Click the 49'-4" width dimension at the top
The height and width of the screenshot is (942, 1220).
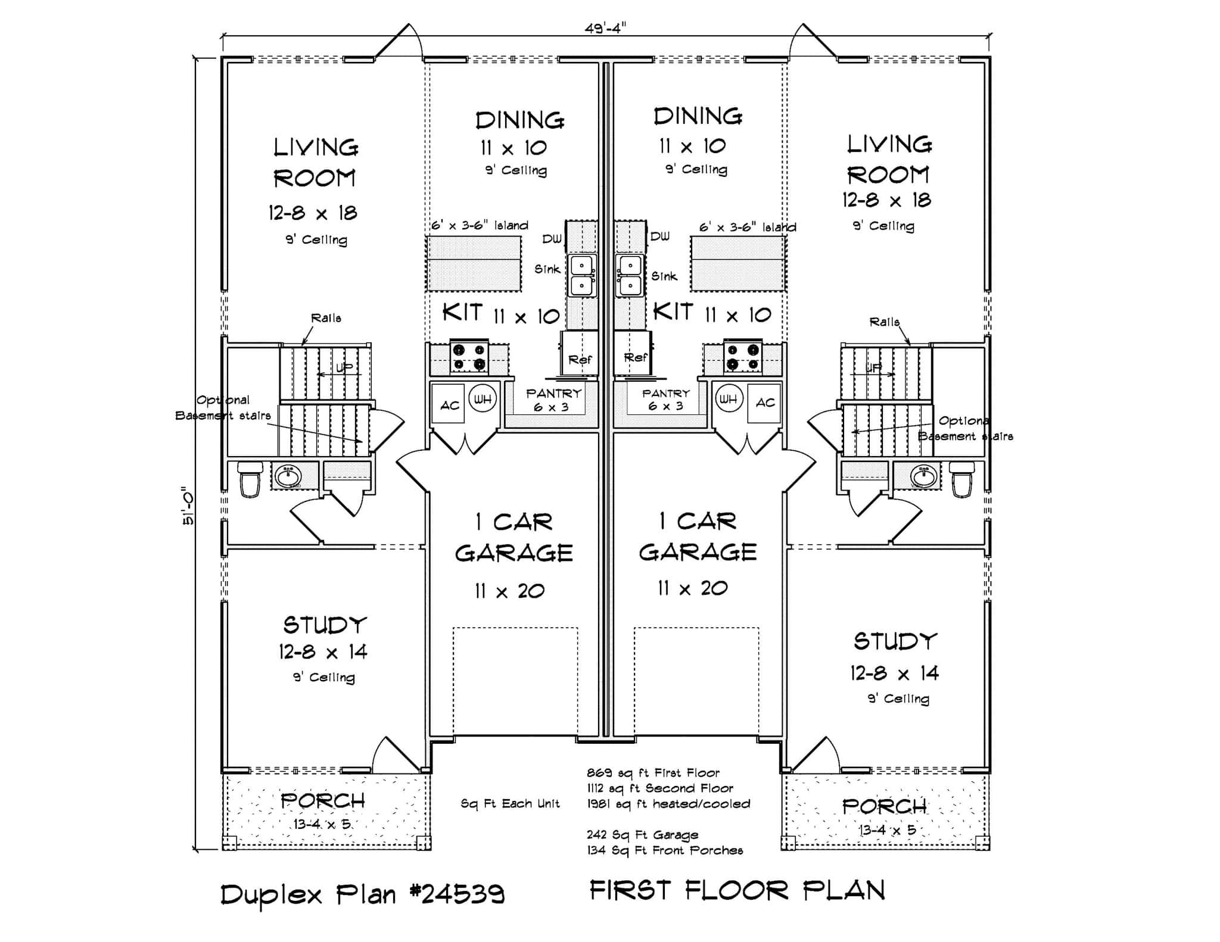coord(605,28)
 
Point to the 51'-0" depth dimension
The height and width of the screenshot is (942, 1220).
coord(188,507)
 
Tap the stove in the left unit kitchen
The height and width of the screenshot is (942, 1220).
coord(468,357)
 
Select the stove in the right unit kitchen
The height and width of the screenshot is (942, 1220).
coord(742,357)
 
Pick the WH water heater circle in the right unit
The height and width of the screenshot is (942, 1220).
coord(728,399)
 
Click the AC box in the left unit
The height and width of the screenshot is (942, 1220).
coord(449,404)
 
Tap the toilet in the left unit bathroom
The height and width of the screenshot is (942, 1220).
coord(251,478)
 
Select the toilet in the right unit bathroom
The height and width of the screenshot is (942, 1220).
coord(961,478)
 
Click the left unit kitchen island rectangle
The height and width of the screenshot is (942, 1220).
coord(474,263)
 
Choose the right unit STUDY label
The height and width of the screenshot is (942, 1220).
coord(895,641)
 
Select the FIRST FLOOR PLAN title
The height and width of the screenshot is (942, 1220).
coord(737,891)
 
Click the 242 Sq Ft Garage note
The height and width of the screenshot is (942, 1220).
coord(642,835)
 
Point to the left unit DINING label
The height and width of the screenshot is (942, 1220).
coord(519,120)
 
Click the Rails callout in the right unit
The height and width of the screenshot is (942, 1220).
coord(884,322)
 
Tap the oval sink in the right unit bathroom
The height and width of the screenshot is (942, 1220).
coord(924,475)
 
